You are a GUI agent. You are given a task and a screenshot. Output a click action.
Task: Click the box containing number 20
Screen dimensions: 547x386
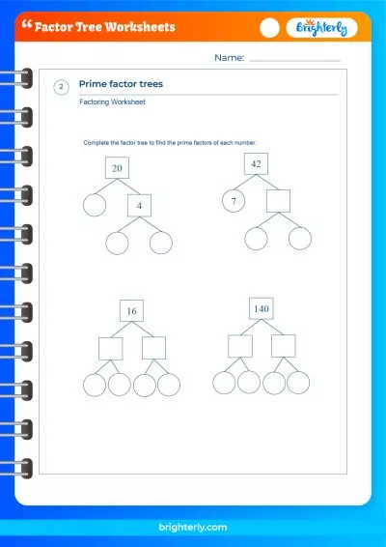(117, 168)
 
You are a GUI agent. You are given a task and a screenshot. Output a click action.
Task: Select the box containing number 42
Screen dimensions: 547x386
(256, 163)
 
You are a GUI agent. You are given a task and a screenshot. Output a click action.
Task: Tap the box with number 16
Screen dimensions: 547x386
(131, 310)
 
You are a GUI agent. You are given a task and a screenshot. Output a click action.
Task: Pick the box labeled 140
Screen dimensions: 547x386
(261, 308)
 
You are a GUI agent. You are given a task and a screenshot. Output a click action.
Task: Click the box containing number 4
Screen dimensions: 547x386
(139, 205)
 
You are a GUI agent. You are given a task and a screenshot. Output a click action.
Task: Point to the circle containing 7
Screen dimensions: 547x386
(233, 202)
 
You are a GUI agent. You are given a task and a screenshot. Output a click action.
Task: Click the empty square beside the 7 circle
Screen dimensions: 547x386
(278, 201)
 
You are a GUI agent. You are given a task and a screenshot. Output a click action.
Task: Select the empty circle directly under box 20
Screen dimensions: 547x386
(95, 205)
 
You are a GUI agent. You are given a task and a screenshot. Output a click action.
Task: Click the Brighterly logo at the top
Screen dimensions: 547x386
(321, 28)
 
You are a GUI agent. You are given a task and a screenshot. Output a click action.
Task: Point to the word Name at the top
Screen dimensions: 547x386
(228, 58)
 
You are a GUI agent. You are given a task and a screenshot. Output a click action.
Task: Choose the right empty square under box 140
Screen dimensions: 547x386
(283, 346)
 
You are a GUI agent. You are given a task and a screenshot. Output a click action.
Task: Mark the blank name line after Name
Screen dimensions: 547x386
(294, 60)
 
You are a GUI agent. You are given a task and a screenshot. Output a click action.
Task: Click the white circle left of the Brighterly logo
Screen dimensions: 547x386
(270, 28)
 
